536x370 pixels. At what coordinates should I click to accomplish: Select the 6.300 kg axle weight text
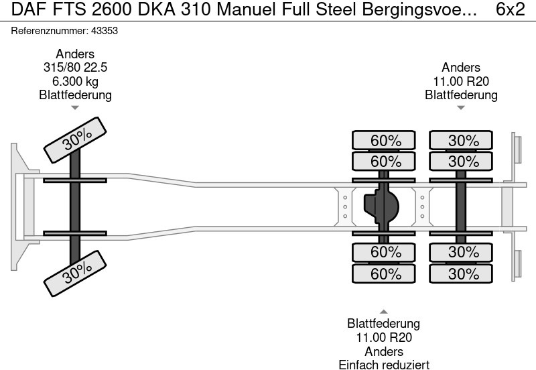[75, 81]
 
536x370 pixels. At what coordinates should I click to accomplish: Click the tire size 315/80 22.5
[75, 68]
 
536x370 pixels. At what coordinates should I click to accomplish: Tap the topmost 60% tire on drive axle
[385, 141]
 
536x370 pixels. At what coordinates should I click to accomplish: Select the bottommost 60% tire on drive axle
[385, 273]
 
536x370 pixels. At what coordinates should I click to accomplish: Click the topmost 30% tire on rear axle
[463, 141]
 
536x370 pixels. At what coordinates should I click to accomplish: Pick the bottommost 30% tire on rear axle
[463, 273]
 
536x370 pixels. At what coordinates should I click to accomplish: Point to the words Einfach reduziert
[383, 364]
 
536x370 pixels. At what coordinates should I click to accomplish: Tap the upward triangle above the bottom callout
[383, 311]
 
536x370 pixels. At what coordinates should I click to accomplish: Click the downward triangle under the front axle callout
[75, 107]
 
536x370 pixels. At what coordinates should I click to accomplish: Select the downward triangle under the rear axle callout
[461, 107]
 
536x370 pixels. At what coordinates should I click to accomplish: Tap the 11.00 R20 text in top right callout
[461, 81]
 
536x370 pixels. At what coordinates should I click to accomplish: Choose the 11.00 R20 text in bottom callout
[383, 338]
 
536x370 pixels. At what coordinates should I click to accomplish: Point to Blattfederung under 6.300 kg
[75, 95]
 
